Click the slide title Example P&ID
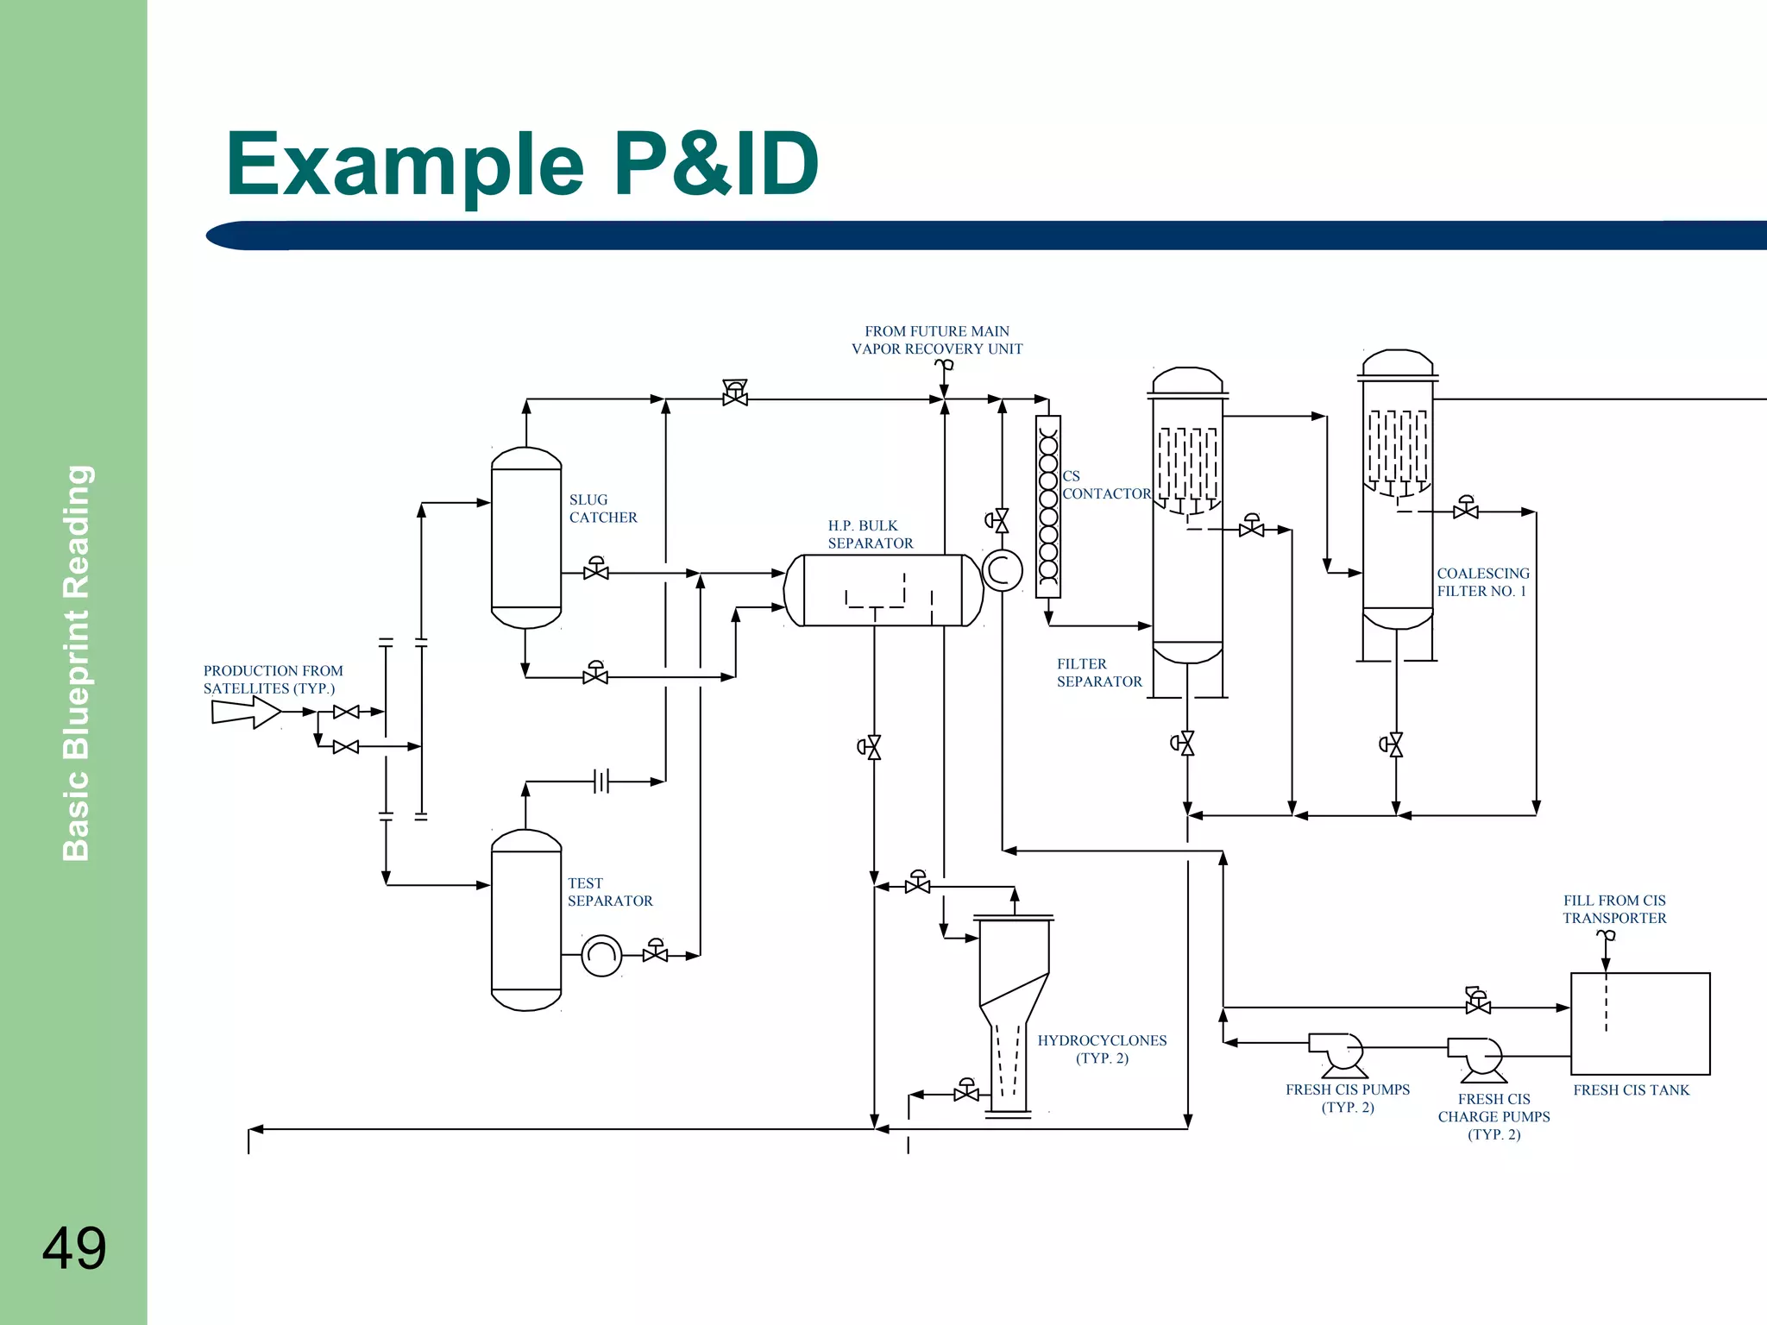pos(521,164)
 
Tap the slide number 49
pos(74,1248)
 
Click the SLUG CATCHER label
pos(602,508)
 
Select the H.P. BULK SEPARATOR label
pos(870,534)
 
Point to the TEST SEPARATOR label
pos(609,891)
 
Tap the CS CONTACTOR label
pos(1105,485)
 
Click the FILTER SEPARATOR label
pos(1098,672)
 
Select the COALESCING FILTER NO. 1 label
pos(1482,581)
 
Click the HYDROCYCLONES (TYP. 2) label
pos(1101,1049)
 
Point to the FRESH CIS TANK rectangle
pos(1639,1024)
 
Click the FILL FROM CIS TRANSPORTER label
pos(1613,908)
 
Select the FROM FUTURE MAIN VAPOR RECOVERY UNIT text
pos(936,340)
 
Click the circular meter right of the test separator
pos(601,955)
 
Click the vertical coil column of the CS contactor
pos(1047,506)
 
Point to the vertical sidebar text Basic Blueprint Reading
pos(76,662)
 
